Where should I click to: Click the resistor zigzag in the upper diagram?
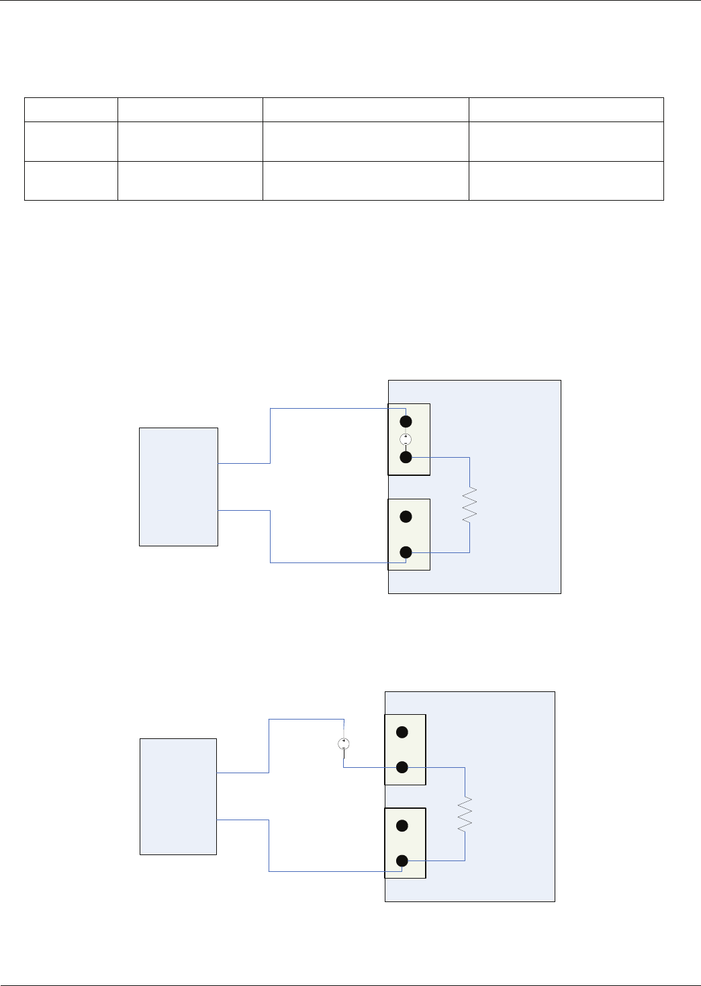coord(469,505)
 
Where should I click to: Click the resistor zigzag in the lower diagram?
coord(465,814)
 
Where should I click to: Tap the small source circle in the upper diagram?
coord(406,440)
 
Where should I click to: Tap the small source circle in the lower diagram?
coord(343,744)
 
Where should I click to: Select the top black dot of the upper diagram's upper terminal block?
coord(406,422)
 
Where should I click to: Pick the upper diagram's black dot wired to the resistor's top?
coord(406,457)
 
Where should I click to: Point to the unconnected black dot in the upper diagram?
coord(406,517)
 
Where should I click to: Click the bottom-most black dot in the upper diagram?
coord(406,552)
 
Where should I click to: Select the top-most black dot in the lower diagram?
coord(402,732)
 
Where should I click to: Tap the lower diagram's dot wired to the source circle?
coord(402,767)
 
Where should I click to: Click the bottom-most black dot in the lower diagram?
coord(402,860)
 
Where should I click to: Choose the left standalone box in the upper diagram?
coord(178,487)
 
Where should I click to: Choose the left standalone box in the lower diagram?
coord(178,796)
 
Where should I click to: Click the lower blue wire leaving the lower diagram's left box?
coord(269,846)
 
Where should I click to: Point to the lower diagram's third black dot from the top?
coord(402,826)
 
